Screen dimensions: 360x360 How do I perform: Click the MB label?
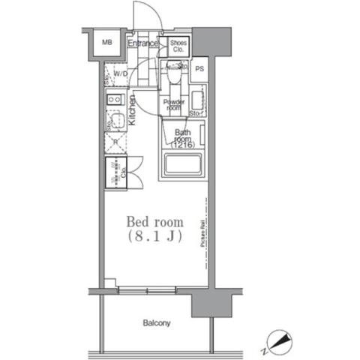(x=106, y=43)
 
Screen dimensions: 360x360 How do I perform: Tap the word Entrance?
(x=142, y=43)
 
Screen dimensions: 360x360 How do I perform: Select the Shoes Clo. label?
(x=178, y=46)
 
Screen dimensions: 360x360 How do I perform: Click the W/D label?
(x=119, y=73)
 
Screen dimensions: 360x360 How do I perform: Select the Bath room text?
(x=182, y=136)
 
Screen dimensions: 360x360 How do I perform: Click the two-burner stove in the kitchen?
(x=115, y=100)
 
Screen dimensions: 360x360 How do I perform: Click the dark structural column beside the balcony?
(x=205, y=304)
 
